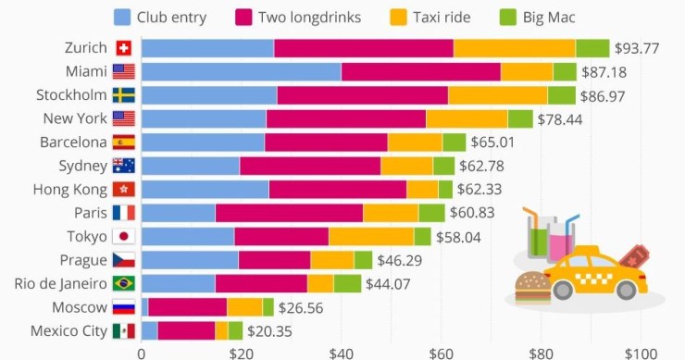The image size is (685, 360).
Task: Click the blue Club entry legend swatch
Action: pyautogui.click(x=122, y=16)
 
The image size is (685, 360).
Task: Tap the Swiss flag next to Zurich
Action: pyautogui.click(x=123, y=47)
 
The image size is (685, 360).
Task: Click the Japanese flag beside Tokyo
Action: pyautogui.click(x=123, y=236)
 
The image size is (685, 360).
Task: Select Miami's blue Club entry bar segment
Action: pyautogui.click(x=241, y=71)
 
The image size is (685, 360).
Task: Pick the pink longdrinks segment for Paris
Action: pyautogui.click(x=289, y=213)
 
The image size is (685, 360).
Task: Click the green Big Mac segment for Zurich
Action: pyautogui.click(x=592, y=48)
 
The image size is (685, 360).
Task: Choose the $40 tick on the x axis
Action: pyautogui.click(x=341, y=353)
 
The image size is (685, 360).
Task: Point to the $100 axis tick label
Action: pyautogui.click(x=640, y=353)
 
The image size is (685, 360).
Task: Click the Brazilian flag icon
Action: pyautogui.click(x=123, y=283)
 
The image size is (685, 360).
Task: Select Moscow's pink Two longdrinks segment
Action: pyautogui.click(x=187, y=307)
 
